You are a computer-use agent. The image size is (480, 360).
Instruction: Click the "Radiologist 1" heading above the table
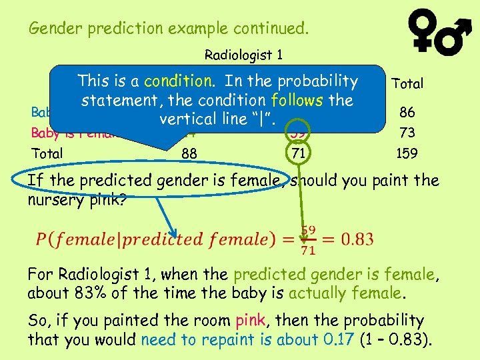click(239, 55)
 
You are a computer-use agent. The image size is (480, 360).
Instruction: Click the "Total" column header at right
click(407, 83)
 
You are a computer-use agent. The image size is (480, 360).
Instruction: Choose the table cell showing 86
click(407, 113)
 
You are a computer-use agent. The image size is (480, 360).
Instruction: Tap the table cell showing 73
click(407, 133)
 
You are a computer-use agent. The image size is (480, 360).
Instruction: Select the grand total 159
click(407, 153)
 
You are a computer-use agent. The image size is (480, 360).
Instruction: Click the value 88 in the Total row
click(189, 153)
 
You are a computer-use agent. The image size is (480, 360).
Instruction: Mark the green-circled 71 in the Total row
click(297, 153)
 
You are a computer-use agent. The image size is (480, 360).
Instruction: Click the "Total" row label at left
click(47, 153)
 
